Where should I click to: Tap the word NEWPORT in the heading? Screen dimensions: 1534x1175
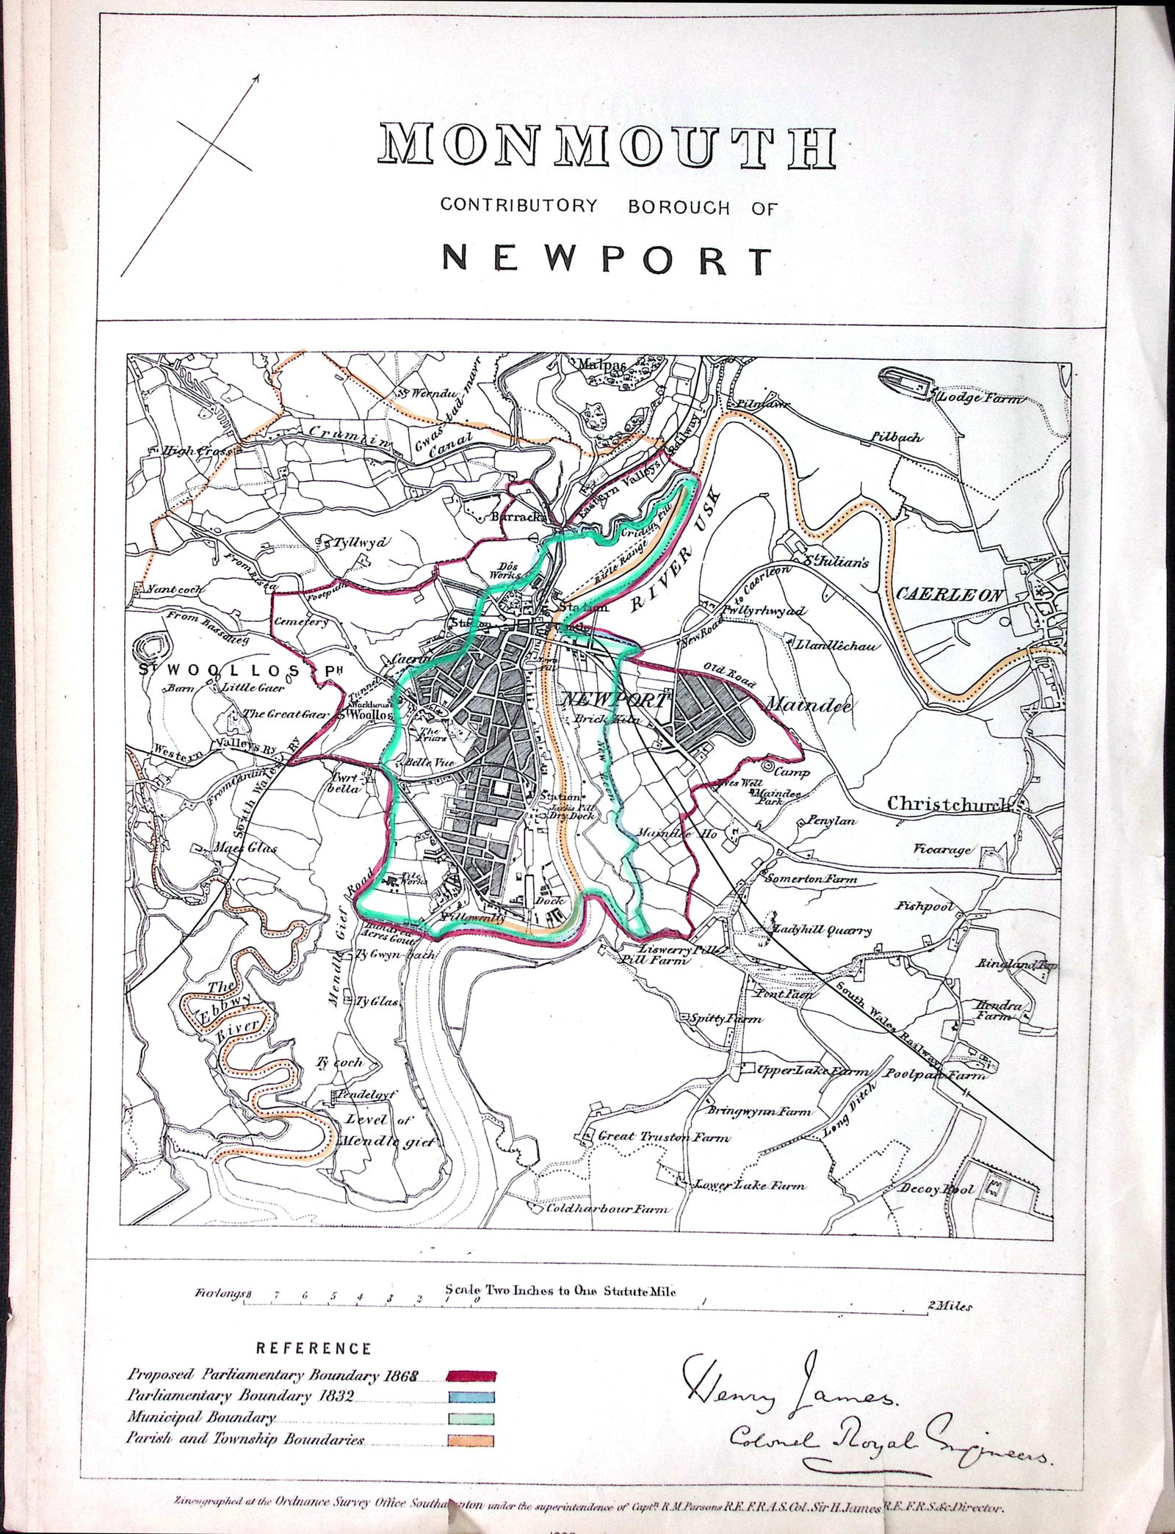[607, 259]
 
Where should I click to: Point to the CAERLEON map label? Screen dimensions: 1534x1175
[948, 595]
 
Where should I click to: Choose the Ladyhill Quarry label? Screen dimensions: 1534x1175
[822, 930]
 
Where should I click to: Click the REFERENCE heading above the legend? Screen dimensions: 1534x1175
[314, 1348]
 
